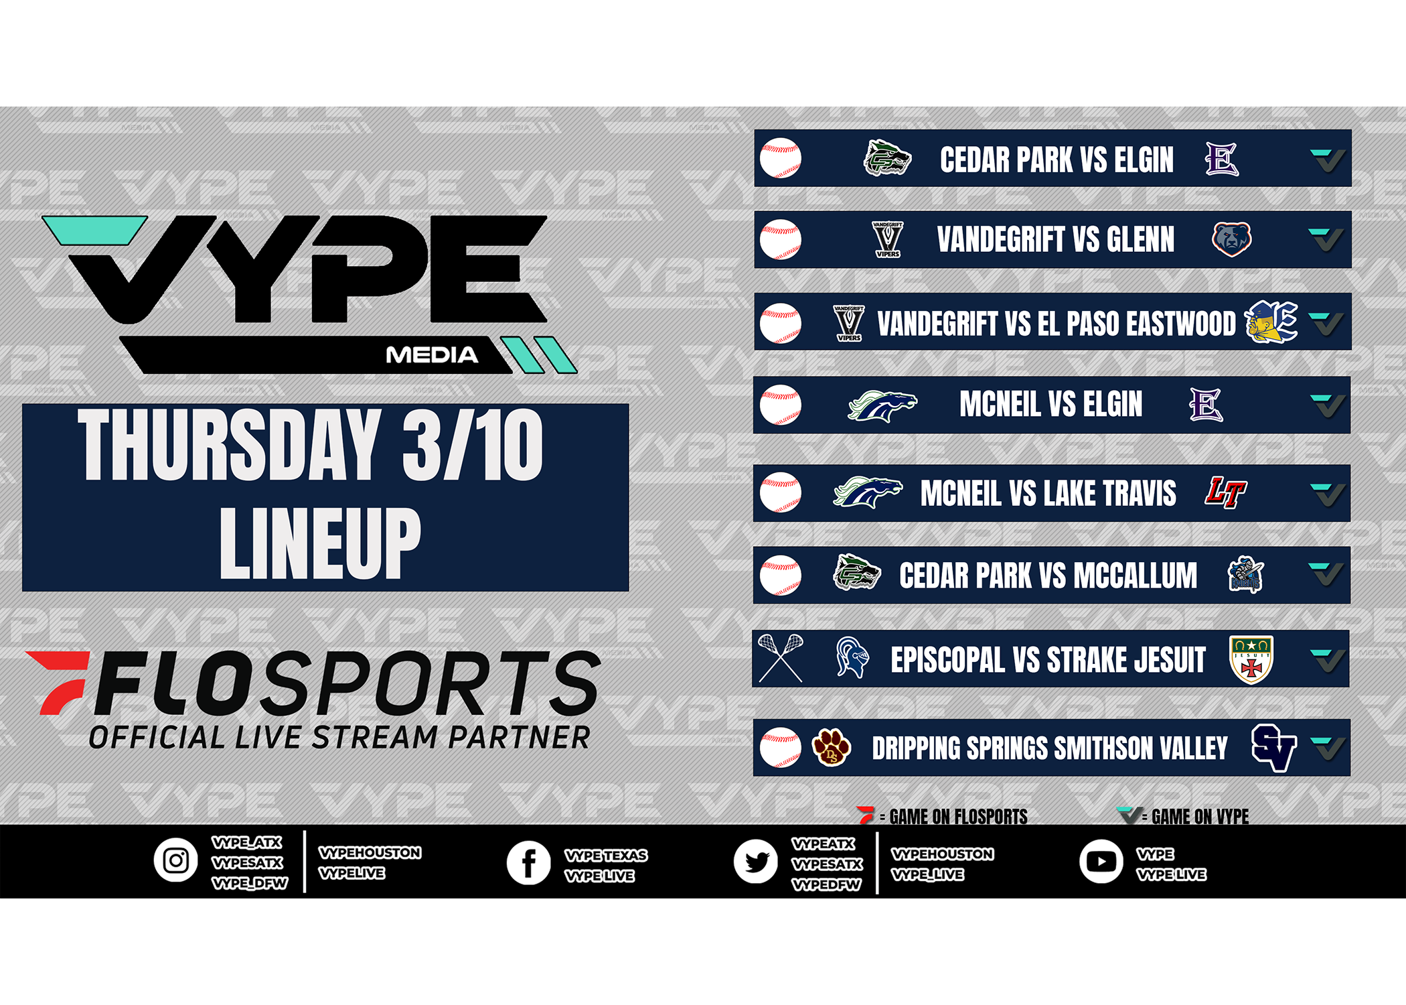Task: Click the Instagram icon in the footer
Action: (176, 860)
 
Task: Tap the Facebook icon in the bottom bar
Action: (528, 862)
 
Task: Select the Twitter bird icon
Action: (756, 862)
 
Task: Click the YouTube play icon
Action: (1101, 861)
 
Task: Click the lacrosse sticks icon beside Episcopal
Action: (781, 658)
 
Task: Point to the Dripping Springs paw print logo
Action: (831, 747)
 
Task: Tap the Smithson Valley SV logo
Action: (1274, 748)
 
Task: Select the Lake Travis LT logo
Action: (1225, 492)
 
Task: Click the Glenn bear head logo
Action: (1231, 239)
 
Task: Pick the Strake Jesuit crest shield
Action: (1251, 659)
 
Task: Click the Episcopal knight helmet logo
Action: (852, 657)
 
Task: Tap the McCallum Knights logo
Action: (1245, 575)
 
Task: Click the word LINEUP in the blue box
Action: (320, 542)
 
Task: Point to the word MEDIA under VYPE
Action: (432, 355)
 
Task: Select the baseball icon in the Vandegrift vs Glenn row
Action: (781, 239)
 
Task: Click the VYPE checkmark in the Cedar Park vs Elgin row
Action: (1327, 159)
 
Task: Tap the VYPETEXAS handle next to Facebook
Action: (606, 856)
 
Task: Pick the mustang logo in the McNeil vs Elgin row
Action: (882, 405)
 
